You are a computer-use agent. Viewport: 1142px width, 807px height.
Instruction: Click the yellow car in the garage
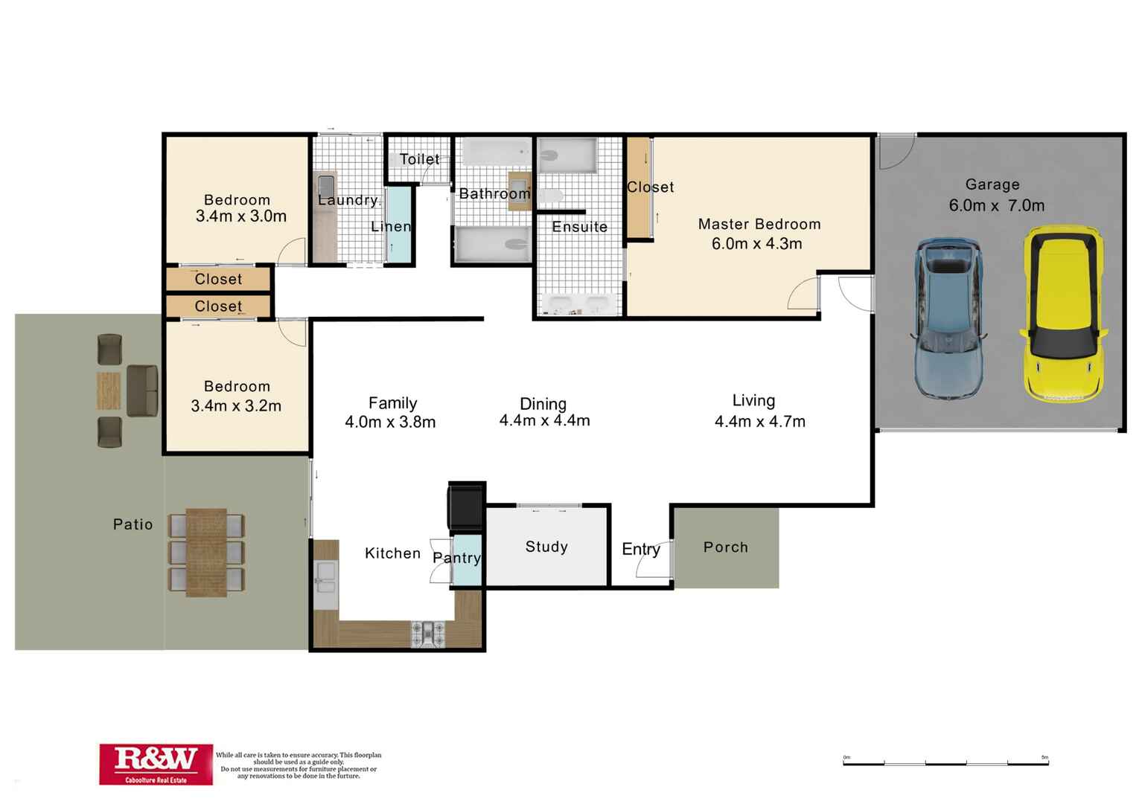1064,315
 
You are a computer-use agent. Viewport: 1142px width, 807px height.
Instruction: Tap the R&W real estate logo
156,763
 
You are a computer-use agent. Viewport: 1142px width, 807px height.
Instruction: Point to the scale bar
945,762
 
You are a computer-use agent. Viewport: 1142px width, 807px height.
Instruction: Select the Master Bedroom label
759,225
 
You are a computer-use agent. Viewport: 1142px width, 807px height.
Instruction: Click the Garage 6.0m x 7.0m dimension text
996,206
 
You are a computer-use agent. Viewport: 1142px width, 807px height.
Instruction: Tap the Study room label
546,547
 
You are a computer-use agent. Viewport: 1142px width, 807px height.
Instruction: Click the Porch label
725,547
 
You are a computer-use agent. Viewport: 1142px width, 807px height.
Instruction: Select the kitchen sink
325,574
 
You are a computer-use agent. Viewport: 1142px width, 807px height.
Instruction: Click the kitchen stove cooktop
427,634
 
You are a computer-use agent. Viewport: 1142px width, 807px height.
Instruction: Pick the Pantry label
456,558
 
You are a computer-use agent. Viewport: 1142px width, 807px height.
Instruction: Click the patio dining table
206,552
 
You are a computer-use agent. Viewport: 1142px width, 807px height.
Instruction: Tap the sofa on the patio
141,390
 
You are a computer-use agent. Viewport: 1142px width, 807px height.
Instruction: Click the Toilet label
419,159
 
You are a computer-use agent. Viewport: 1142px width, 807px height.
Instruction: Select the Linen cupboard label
391,227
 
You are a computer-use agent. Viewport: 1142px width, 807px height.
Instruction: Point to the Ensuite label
579,228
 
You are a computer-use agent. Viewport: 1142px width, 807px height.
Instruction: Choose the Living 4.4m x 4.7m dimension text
759,422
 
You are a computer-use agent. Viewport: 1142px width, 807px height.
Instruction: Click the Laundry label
348,200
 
